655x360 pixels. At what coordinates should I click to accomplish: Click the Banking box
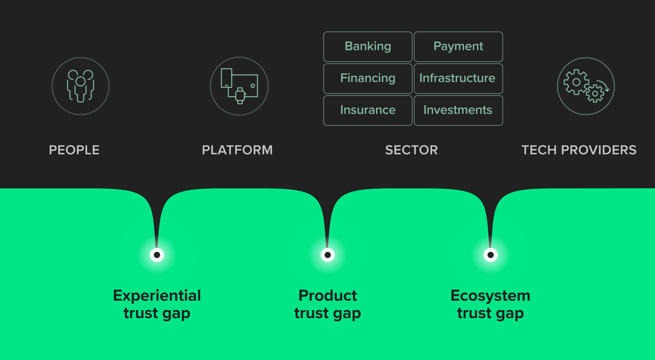368,47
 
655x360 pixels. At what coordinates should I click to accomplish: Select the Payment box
458,47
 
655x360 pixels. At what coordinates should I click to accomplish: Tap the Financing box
368,78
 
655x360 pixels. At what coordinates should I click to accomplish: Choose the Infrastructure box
458,78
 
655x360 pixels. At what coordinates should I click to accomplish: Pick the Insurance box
368,110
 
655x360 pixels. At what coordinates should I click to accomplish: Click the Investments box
458,110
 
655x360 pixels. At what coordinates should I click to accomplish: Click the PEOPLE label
74,150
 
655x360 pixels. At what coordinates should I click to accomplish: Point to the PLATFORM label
237,150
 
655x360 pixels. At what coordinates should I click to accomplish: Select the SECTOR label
412,150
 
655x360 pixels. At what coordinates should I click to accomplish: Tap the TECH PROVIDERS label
579,150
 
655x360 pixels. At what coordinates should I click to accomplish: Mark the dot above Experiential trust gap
157,255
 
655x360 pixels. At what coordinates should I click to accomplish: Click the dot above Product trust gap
327,255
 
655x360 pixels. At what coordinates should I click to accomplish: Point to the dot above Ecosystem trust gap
491,255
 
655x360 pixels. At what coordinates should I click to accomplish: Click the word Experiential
157,296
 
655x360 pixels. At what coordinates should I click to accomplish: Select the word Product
327,295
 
